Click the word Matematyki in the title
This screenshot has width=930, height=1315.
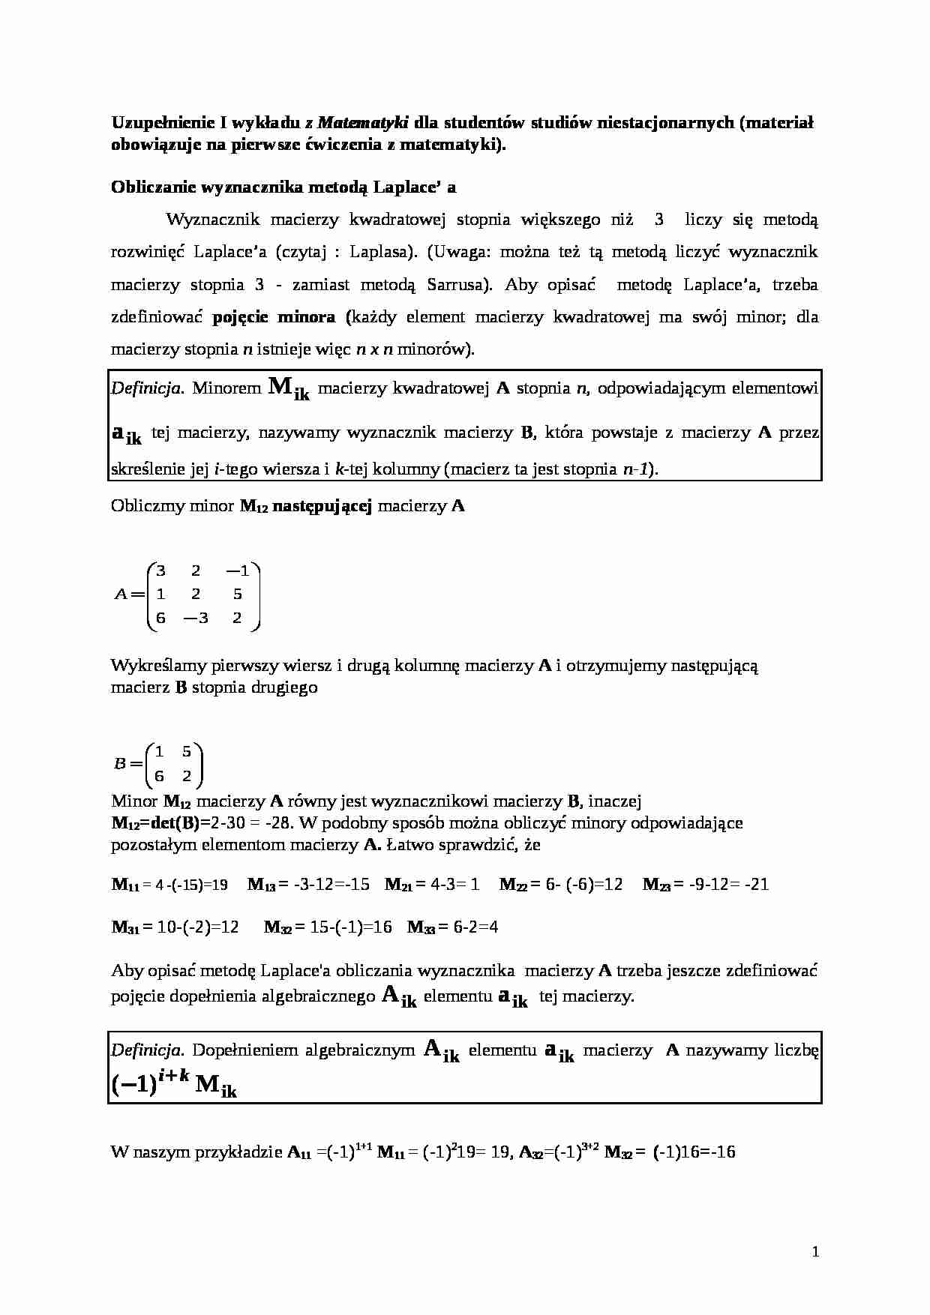363,122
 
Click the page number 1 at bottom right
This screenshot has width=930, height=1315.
816,1252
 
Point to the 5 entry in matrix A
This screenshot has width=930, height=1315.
238,595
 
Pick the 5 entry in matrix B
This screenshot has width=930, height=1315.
187,752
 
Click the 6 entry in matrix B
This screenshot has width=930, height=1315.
159,776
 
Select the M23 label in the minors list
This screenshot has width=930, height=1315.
656,885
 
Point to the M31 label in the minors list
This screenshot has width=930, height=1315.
125,927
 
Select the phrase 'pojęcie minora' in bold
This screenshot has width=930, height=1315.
274,317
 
